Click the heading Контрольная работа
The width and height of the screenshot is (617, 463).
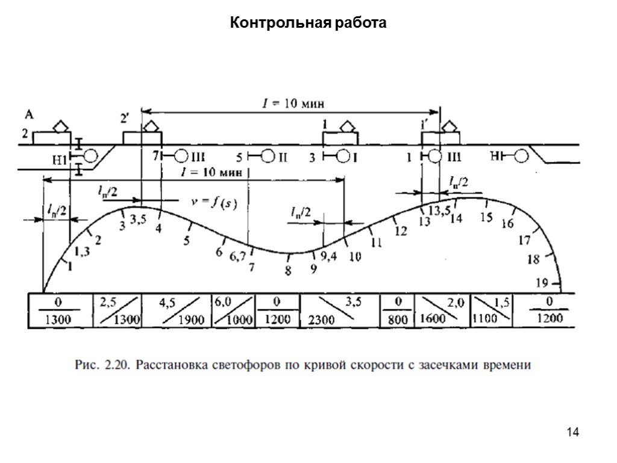308,24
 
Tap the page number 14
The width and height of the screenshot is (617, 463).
572,432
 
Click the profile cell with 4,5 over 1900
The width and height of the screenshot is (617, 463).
175,310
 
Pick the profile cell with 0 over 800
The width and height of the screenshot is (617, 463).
398,310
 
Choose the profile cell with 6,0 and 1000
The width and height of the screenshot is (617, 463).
233,310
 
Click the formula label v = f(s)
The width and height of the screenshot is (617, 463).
214,203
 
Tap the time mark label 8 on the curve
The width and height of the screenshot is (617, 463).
288,271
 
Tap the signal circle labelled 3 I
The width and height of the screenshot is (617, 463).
343,157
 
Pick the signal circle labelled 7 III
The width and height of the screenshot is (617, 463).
181,156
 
